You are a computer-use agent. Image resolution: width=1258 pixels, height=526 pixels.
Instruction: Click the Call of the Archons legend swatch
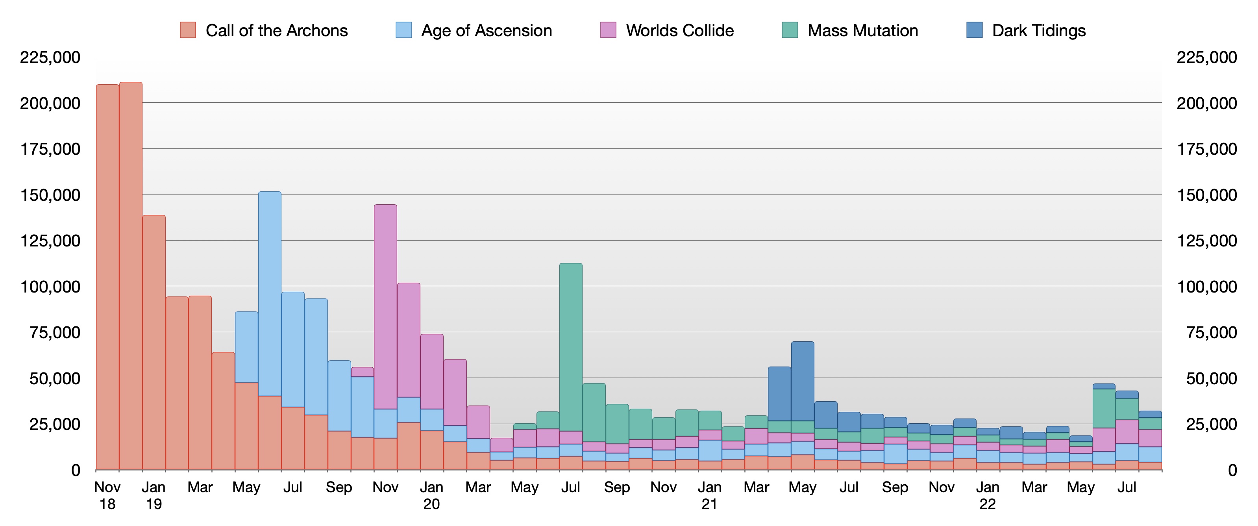tap(188, 30)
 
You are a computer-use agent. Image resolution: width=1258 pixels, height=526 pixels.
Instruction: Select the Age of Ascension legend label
tap(487, 30)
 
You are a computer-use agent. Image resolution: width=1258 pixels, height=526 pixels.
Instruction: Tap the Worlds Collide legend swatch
tap(608, 30)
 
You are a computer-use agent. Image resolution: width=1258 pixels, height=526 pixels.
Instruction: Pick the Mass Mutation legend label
tap(862, 30)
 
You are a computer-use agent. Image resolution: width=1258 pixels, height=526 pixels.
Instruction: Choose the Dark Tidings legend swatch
tap(974, 30)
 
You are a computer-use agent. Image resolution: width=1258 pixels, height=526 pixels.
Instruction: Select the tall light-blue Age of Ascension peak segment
tap(270, 293)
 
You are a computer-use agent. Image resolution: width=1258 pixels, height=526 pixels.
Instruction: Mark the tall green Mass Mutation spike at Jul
tap(570, 347)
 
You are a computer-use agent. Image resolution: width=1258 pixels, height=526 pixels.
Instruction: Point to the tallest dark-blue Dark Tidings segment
tap(802, 381)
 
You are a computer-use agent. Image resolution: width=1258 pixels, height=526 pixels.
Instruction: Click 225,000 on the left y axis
tap(50, 57)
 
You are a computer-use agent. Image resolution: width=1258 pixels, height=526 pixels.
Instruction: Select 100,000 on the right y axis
tap(1206, 287)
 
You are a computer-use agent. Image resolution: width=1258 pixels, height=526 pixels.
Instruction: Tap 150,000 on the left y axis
tap(50, 195)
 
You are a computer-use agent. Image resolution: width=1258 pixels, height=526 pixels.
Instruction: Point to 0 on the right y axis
tap(1232, 470)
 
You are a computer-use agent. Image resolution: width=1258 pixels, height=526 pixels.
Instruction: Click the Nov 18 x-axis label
tap(107, 495)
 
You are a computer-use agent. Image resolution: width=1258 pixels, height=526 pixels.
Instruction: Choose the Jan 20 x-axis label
tap(431, 495)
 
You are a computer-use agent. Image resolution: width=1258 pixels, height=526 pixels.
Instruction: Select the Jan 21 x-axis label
tap(709, 495)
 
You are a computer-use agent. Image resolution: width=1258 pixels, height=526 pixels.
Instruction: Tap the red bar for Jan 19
tap(154, 342)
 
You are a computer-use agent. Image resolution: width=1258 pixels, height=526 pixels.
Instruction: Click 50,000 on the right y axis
tap(1211, 378)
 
